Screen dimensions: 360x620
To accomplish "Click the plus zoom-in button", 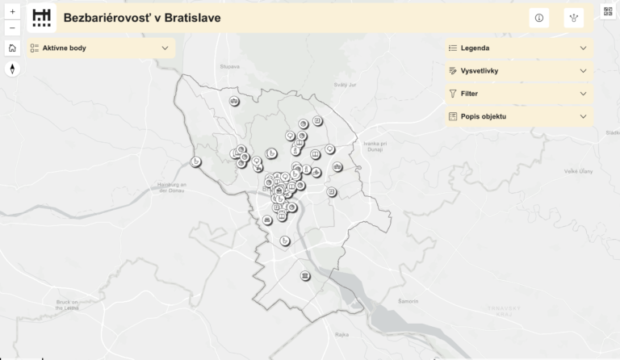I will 12,12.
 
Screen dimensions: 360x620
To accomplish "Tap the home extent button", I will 12,48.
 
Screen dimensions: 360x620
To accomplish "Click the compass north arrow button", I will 12,69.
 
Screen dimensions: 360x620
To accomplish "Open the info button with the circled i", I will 539,18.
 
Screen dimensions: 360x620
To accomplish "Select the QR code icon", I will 609,11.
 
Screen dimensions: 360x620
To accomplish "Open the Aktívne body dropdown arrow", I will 165,48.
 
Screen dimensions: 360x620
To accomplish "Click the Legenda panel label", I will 475,48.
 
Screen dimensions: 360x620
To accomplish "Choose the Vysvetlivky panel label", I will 479,71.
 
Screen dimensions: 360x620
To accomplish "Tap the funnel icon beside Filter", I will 453,94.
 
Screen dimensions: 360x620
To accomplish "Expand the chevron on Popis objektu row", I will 583,116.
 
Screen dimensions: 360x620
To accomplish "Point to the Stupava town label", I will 229,67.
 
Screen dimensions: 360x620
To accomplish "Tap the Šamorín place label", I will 410,300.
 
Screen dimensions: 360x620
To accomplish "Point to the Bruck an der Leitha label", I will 67,304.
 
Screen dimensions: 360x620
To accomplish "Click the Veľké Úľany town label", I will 580,171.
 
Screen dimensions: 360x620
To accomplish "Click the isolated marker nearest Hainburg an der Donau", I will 195,163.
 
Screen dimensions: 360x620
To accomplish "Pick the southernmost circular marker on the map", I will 304,276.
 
